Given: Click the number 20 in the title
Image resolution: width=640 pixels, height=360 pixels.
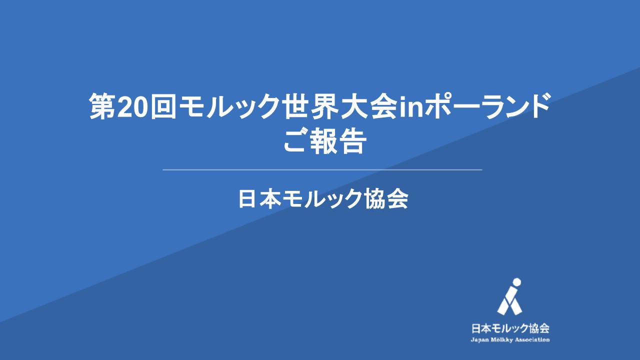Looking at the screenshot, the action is pos(133,109).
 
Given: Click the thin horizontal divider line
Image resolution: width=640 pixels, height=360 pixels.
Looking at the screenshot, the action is pos(322,169).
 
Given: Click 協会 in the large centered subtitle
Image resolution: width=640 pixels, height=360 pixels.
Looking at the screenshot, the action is pos(386,199).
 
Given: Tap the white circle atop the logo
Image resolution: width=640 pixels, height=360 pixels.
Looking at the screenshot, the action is pos(516,282).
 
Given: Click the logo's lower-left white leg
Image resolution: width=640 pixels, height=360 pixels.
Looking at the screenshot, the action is pos(504,305).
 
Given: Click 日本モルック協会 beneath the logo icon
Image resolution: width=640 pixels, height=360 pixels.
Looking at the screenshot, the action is pos(510,328).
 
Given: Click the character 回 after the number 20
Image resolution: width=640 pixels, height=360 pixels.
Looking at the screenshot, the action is pos(163,108).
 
